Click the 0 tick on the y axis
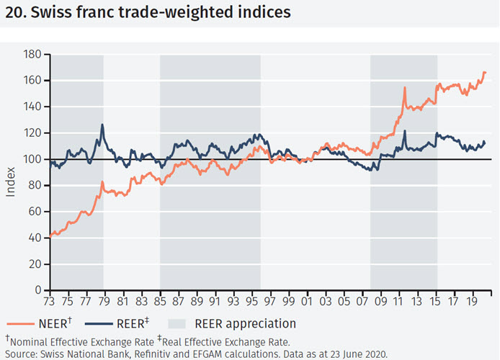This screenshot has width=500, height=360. [x=37, y=290]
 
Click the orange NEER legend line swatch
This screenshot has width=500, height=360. [x=22, y=323]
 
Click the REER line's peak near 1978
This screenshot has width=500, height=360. [x=102, y=125]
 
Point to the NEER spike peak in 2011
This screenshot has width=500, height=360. [x=405, y=88]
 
